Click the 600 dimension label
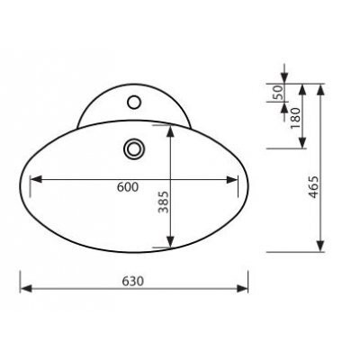128,187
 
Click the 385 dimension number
164,202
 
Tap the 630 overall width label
133,281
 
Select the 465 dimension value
313,187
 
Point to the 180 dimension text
295,118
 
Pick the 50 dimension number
277,93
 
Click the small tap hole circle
134,102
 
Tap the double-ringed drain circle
134,148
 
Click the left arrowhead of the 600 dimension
36,180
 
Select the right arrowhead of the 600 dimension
232,180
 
